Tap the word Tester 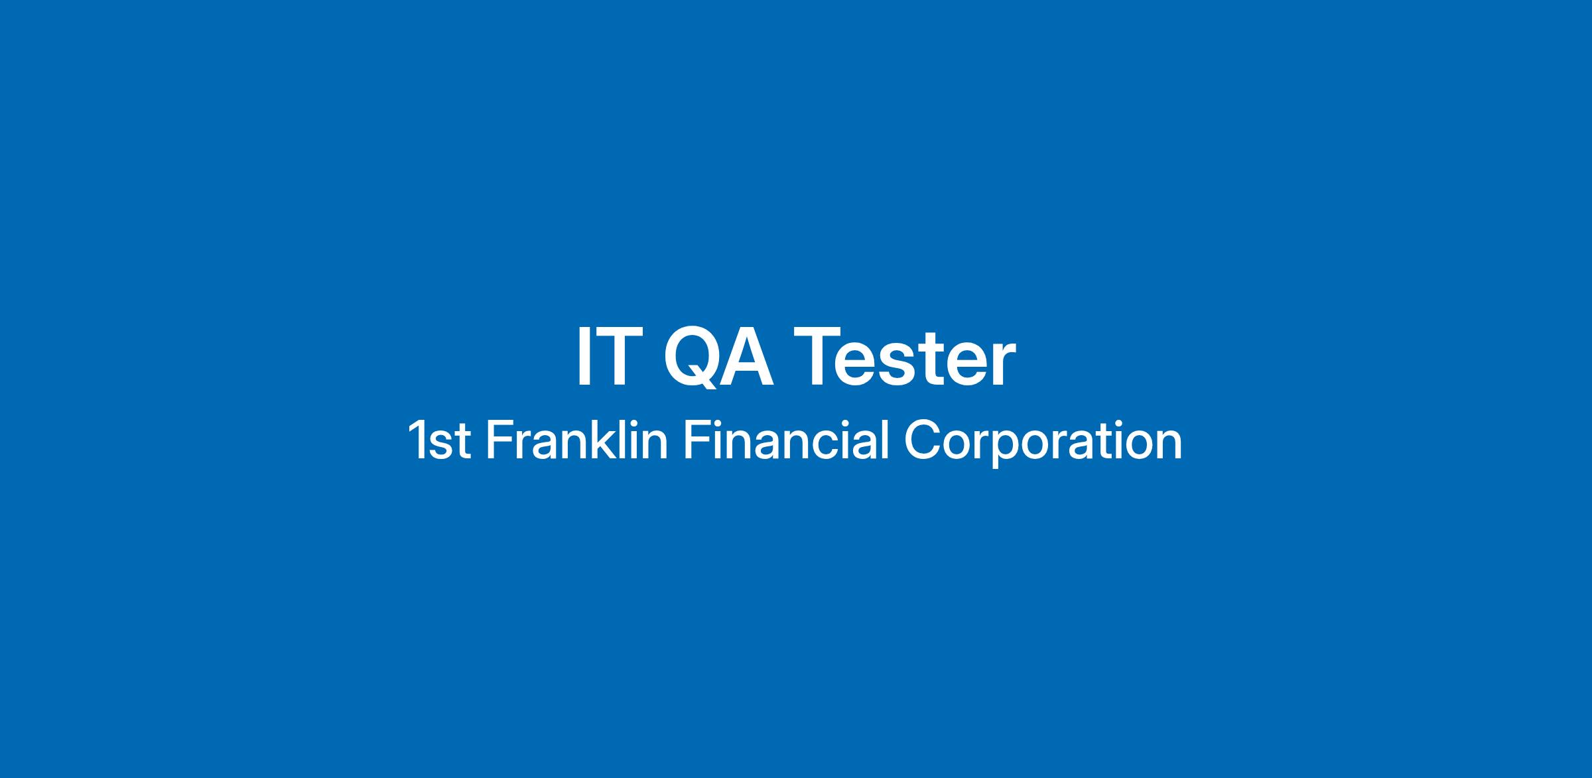point(910,357)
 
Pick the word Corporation point(1043,442)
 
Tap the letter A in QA point(747,357)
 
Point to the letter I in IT point(582,357)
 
